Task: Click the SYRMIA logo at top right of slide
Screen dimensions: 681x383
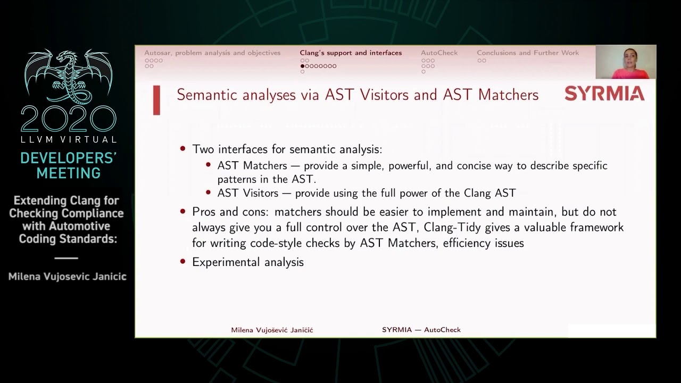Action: (604, 93)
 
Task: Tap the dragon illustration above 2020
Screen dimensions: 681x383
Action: (69, 77)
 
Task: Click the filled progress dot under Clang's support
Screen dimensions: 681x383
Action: (302, 66)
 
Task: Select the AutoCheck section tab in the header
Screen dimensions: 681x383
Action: (439, 53)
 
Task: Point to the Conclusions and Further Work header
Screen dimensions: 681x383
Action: (528, 53)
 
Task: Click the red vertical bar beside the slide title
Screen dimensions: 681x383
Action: (156, 101)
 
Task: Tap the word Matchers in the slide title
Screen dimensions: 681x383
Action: (508, 95)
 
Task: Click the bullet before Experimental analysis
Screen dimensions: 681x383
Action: (182, 261)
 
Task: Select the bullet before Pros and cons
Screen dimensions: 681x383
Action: (182, 211)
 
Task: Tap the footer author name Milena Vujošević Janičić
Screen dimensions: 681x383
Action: (272, 330)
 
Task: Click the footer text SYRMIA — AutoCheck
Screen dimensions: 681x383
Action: (421, 330)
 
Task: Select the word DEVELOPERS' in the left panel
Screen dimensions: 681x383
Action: (69, 158)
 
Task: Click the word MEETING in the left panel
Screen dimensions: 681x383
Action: (69, 173)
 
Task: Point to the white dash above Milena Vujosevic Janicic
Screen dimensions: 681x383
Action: (67, 258)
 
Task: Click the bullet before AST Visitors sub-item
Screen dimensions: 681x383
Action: (208, 192)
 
